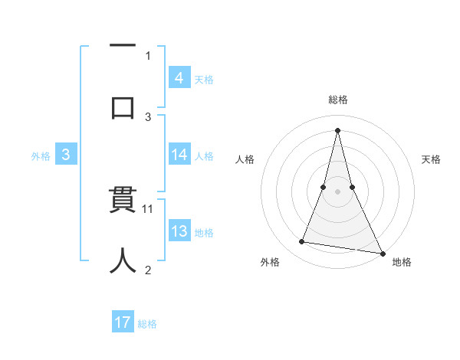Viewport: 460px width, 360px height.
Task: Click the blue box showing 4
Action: pyautogui.click(x=179, y=77)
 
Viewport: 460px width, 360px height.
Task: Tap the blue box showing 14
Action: pyautogui.click(x=179, y=155)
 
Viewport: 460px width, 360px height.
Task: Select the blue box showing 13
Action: pyautogui.click(x=179, y=231)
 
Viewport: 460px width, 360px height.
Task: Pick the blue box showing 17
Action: pyautogui.click(x=123, y=322)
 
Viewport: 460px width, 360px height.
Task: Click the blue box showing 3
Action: pyautogui.click(x=66, y=155)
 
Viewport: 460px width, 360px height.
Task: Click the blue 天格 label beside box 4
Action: pyautogui.click(x=204, y=79)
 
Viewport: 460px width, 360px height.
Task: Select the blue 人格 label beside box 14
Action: pyautogui.click(x=204, y=155)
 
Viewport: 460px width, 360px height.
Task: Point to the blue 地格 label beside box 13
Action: pyautogui.click(x=204, y=232)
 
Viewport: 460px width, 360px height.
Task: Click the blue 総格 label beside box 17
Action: pyautogui.click(x=147, y=323)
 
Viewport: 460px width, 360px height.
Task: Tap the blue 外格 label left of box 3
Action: pyautogui.click(x=41, y=155)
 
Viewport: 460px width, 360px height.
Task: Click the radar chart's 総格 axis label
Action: pyautogui.click(x=338, y=100)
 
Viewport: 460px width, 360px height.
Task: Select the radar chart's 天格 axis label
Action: pyautogui.click(x=432, y=159)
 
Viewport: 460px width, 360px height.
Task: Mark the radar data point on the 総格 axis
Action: pyautogui.click(x=338, y=129)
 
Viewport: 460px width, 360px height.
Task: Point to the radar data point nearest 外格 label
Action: pyautogui.click(x=302, y=242)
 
